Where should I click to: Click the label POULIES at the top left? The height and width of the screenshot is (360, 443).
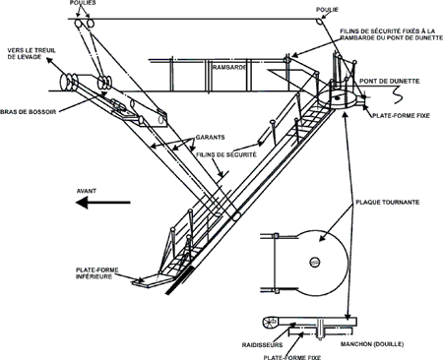click(x=83, y=3)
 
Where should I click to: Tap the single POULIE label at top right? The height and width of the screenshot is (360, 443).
click(x=327, y=10)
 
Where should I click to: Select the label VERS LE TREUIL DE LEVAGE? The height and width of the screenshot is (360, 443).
click(x=32, y=54)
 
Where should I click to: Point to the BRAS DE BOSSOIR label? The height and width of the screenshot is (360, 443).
click(x=28, y=112)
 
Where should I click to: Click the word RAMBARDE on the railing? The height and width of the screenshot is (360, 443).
click(x=229, y=68)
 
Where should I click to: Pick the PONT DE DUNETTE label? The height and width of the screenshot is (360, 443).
click(x=390, y=81)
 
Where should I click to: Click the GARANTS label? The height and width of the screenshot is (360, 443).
click(x=211, y=137)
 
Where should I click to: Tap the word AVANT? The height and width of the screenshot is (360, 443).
click(x=87, y=191)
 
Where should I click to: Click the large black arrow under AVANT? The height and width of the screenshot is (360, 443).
click(x=103, y=203)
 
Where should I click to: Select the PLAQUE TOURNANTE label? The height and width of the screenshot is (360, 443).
click(x=388, y=202)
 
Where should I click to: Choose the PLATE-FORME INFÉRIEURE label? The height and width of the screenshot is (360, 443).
click(x=97, y=273)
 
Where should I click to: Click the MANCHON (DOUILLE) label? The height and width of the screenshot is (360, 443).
click(x=372, y=344)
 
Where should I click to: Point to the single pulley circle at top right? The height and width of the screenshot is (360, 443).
click(x=319, y=21)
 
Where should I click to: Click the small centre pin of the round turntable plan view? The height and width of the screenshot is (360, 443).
click(x=315, y=262)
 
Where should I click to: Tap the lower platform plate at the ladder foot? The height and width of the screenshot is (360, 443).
click(x=152, y=280)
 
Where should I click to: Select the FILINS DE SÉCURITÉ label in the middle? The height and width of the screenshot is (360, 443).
click(x=226, y=154)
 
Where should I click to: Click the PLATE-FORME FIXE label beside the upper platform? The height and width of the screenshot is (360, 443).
click(x=401, y=115)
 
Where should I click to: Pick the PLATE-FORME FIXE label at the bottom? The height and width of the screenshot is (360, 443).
click(x=292, y=357)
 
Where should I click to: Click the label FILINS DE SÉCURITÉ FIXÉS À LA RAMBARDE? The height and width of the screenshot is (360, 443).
click(x=391, y=34)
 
